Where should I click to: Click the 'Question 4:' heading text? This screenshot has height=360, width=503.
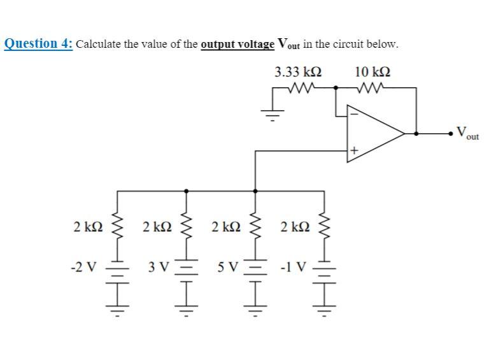(x=39, y=44)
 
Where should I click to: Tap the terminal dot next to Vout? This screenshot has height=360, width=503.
(x=453, y=134)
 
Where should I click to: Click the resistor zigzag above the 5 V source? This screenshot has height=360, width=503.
(x=255, y=226)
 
